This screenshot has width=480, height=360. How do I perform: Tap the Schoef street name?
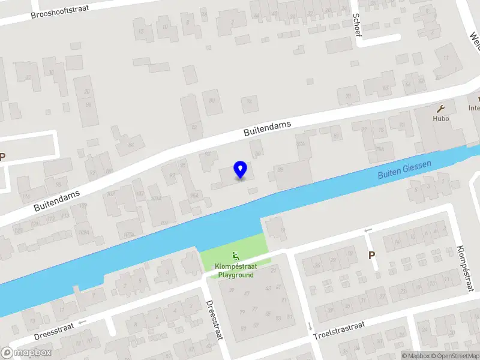[x=358, y=25]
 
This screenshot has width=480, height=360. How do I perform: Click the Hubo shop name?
[x=441, y=118]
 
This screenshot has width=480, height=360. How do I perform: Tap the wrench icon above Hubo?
[x=441, y=109]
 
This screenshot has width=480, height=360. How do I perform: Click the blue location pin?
[x=241, y=169]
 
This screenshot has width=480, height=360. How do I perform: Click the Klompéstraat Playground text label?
[x=235, y=271]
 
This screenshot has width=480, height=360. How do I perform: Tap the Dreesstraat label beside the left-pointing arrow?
[x=54, y=329]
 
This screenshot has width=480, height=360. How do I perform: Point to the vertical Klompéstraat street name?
[x=461, y=268]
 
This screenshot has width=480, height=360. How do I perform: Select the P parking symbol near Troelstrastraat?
[x=371, y=255]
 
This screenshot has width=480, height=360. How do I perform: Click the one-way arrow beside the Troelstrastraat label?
[x=310, y=326]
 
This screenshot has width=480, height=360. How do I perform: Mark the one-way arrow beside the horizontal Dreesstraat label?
[x=82, y=322]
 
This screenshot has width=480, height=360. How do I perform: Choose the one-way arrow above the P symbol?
[x=368, y=231]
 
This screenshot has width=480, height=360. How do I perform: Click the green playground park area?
[x=252, y=246]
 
